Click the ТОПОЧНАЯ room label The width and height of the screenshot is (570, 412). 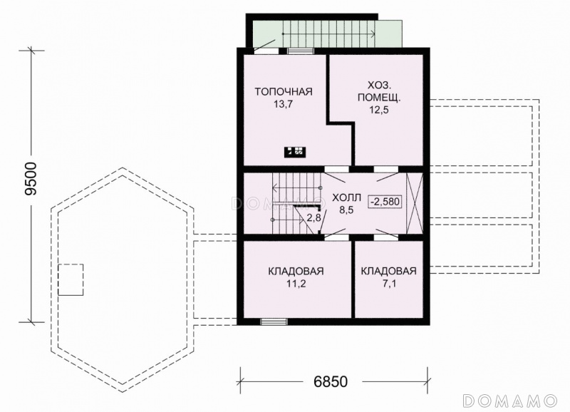click(284, 91)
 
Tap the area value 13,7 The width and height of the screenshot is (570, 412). click(284, 105)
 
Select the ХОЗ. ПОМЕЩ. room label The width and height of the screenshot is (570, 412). click(380, 92)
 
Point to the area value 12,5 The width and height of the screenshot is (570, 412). click(379, 110)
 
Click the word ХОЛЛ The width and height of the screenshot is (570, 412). click(346, 198)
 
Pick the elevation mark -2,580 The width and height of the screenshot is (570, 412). click(385, 201)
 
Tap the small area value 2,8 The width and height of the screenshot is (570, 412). click(313, 218)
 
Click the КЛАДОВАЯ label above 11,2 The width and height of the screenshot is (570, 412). click(296, 272)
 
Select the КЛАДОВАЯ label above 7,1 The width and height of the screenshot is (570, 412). click(388, 272)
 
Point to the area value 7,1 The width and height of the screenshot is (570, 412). click(389, 284)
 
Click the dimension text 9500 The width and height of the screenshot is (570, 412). click(31, 179)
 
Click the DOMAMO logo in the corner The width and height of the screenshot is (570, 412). click(510, 401)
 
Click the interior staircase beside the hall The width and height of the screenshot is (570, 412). click(297, 204)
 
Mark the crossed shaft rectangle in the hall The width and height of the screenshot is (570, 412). click(415, 204)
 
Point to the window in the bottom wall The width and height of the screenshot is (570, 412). click(274, 321)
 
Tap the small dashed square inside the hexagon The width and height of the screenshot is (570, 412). click(71, 279)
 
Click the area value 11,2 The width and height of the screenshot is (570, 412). click(296, 284)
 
